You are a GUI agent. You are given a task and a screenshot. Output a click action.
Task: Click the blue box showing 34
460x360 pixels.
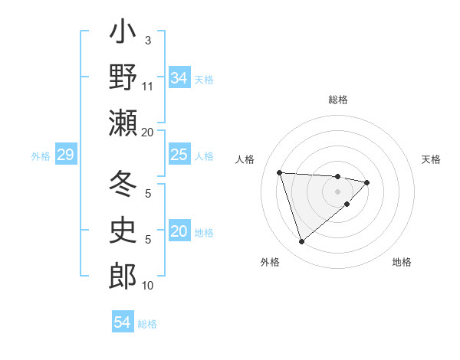pos(179,78)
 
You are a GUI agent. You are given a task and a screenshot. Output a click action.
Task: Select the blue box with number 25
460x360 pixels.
pos(179,155)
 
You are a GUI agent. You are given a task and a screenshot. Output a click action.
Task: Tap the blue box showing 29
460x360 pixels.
pos(65,155)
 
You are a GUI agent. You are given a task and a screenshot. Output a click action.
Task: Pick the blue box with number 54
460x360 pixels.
pos(123,322)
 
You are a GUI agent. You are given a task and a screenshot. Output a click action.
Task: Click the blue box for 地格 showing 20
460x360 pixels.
pos(179,231)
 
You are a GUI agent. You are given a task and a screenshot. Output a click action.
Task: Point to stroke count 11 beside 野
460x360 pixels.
pos(148,86)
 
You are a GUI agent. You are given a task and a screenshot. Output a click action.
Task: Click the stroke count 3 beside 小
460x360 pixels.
pos(148,40)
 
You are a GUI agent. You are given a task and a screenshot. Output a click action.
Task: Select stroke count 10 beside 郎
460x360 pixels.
pos(148,286)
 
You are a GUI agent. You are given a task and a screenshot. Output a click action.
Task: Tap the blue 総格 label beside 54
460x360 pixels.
pos(147,324)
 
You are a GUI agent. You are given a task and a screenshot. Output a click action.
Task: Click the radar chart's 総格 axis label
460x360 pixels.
pos(338,100)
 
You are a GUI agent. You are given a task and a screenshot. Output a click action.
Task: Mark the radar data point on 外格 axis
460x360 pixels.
pos(301,242)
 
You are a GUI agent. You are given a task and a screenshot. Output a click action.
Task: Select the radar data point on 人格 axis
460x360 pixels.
pos(280,172)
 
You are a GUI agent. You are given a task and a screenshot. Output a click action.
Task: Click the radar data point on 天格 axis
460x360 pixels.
pos(367,182)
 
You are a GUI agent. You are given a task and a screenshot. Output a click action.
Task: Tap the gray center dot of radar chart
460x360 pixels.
pos(338,191)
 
